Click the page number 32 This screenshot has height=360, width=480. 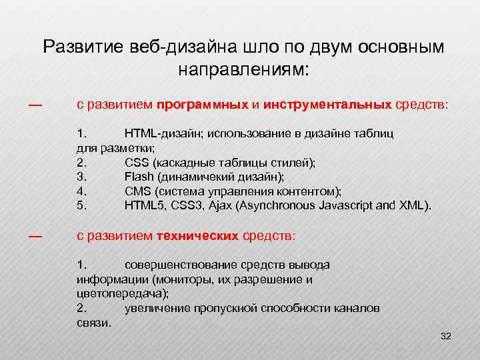[446, 337]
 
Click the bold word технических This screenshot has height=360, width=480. [197, 236]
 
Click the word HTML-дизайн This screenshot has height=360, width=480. [163, 133]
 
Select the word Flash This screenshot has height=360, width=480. [138, 177]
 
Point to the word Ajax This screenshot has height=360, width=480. [219, 205]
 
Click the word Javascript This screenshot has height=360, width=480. [346, 205]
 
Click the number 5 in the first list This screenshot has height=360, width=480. [81, 205]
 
